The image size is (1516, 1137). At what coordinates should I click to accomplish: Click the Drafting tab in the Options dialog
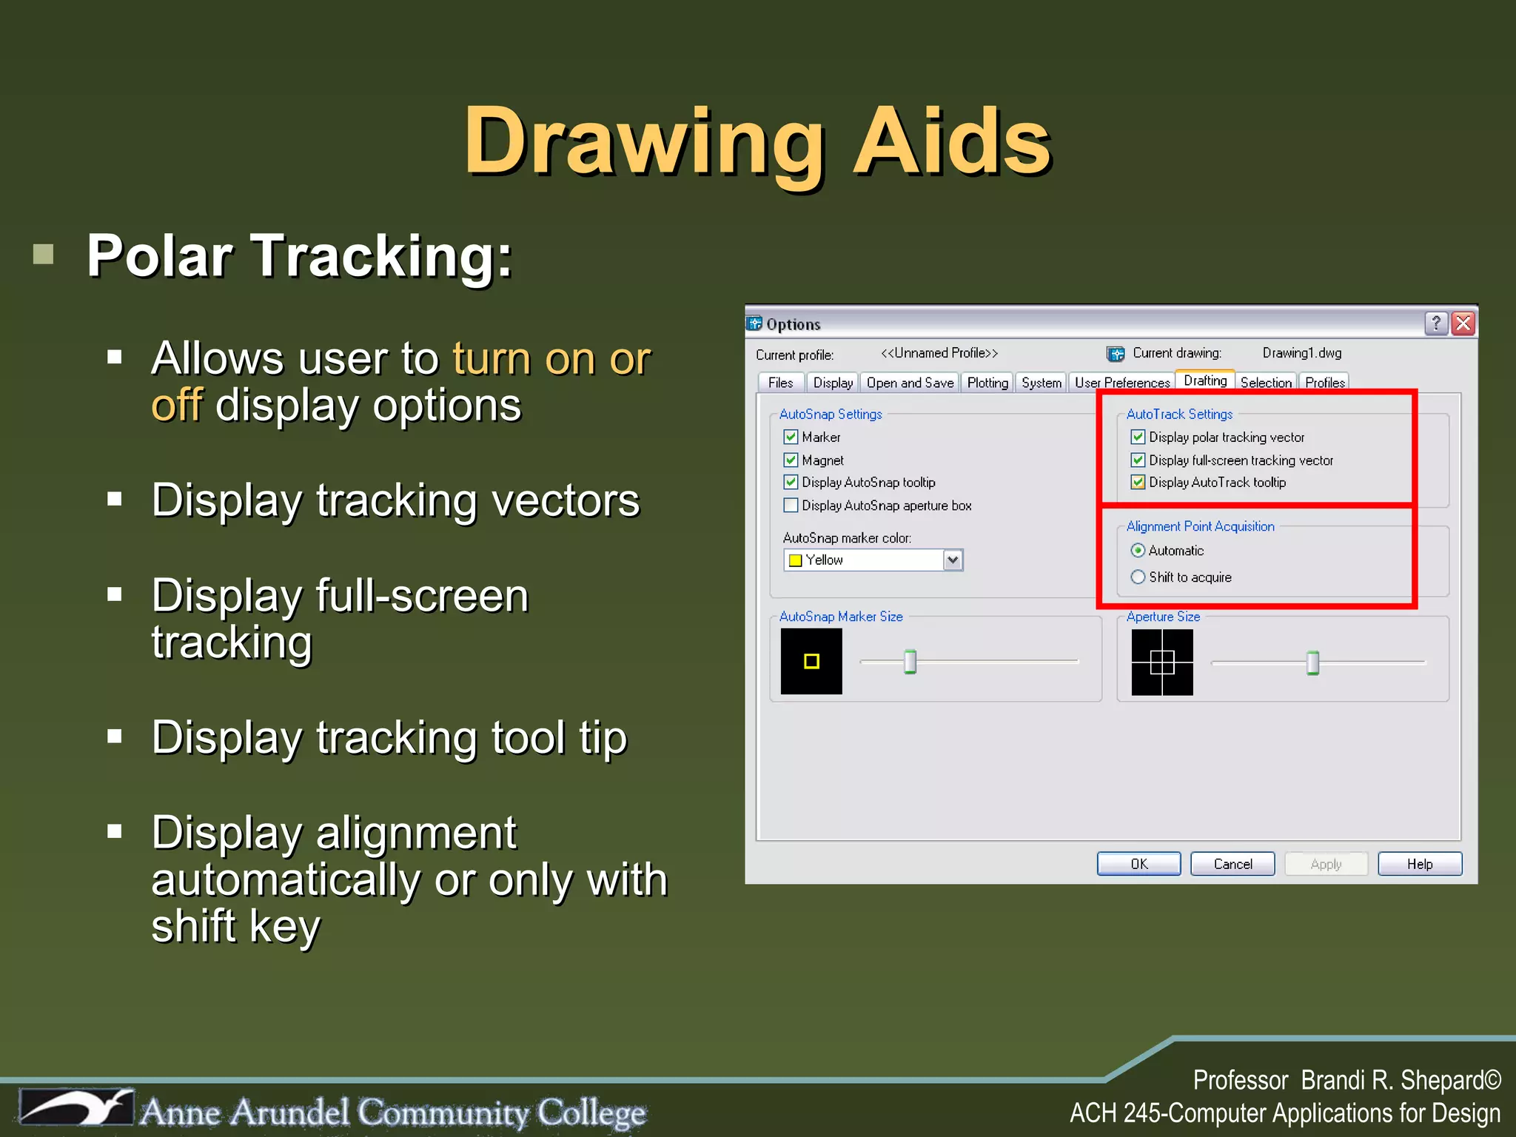pyautogui.click(x=1204, y=380)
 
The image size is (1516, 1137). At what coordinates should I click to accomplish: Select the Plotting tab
pyautogui.click(x=987, y=383)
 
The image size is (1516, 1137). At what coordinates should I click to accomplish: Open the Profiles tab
pyautogui.click(x=1324, y=383)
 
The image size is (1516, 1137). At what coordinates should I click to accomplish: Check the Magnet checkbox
pyautogui.click(x=791, y=460)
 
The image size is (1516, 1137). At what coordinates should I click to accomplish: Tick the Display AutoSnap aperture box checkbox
pyautogui.click(x=791, y=506)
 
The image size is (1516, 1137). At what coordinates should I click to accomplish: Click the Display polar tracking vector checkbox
pyautogui.click(x=1138, y=437)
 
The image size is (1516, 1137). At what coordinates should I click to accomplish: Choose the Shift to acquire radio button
pyautogui.click(x=1138, y=577)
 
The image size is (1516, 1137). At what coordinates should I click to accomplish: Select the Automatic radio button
pyautogui.click(x=1138, y=551)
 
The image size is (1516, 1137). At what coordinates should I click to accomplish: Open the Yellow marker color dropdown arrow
pyautogui.click(x=953, y=560)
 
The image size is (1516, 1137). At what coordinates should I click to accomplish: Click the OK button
pyautogui.click(x=1138, y=864)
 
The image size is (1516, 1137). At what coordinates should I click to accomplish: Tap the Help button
pyautogui.click(x=1419, y=864)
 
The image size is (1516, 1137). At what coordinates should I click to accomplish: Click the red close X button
pyautogui.click(x=1463, y=323)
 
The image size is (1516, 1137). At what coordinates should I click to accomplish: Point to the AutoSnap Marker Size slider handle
pyautogui.click(x=910, y=662)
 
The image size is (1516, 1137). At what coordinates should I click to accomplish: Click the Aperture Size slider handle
pyautogui.click(x=1312, y=663)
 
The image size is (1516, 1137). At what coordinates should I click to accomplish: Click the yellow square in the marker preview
pyautogui.click(x=811, y=661)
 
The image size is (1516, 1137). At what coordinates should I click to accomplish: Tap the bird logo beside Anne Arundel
pyautogui.click(x=78, y=1108)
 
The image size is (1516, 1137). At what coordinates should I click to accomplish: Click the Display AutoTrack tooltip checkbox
pyautogui.click(x=1138, y=483)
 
